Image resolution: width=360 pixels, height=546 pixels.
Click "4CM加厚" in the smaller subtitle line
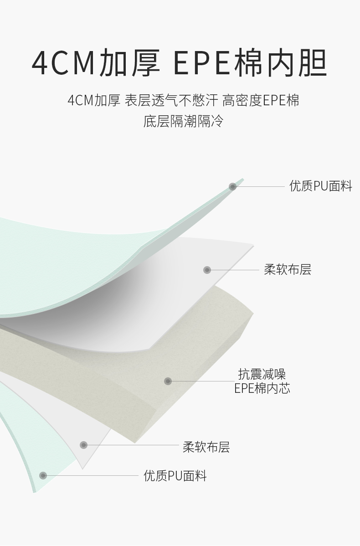pyautogui.click(x=93, y=100)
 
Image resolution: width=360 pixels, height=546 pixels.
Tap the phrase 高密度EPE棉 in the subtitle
pyautogui.click(x=261, y=100)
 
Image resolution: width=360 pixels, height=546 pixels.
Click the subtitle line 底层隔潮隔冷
pyautogui.click(x=183, y=121)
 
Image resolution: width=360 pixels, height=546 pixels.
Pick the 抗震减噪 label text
pyautogui.click(x=262, y=375)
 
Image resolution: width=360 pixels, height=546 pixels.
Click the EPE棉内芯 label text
pyautogui.click(x=262, y=388)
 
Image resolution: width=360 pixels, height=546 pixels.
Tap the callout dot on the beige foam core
pyautogui.click(x=168, y=381)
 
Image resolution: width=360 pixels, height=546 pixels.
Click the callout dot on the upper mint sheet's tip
pyautogui.click(x=232, y=186)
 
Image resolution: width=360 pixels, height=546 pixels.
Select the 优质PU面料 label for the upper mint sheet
pyautogui.click(x=321, y=186)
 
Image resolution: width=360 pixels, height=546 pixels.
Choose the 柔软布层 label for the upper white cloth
pyautogui.click(x=288, y=270)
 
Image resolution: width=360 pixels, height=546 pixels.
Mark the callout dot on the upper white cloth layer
pyautogui.click(x=207, y=270)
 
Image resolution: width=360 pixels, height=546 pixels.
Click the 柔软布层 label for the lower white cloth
pyautogui.click(x=206, y=447)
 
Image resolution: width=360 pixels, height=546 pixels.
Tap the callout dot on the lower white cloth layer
pyautogui.click(x=83, y=445)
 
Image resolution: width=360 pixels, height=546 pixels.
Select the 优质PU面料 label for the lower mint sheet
pyautogui.click(x=175, y=476)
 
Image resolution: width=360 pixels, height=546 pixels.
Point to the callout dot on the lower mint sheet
pyautogui.click(x=43, y=476)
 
